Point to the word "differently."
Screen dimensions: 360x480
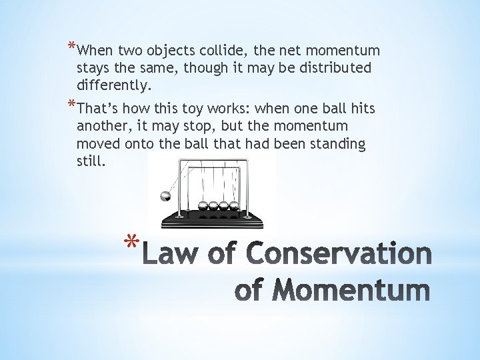tap(114, 85)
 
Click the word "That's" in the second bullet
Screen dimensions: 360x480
tap(99, 109)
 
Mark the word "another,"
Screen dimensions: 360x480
tap(103, 126)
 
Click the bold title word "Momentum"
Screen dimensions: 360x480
tap(351, 291)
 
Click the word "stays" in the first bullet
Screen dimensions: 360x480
tap(94, 68)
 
